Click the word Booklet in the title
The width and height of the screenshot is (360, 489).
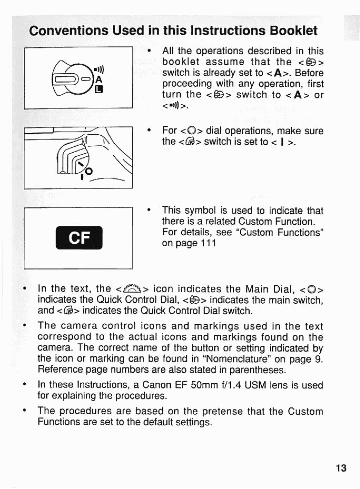(x=294, y=31)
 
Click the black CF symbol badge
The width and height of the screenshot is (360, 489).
(x=79, y=238)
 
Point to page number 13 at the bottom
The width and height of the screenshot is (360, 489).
(x=341, y=468)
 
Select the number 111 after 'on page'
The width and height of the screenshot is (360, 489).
(x=208, y=243)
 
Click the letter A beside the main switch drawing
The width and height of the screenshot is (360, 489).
(x=99, y=80)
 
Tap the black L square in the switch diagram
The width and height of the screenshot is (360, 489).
(x=100, y=89)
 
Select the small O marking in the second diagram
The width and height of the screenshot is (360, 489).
(x=89, y=171)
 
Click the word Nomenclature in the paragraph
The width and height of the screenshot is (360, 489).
(x=237, y=359)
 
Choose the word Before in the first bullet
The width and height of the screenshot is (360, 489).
(x=309, y=73)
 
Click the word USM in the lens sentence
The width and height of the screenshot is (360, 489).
(x=256, y=385)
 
